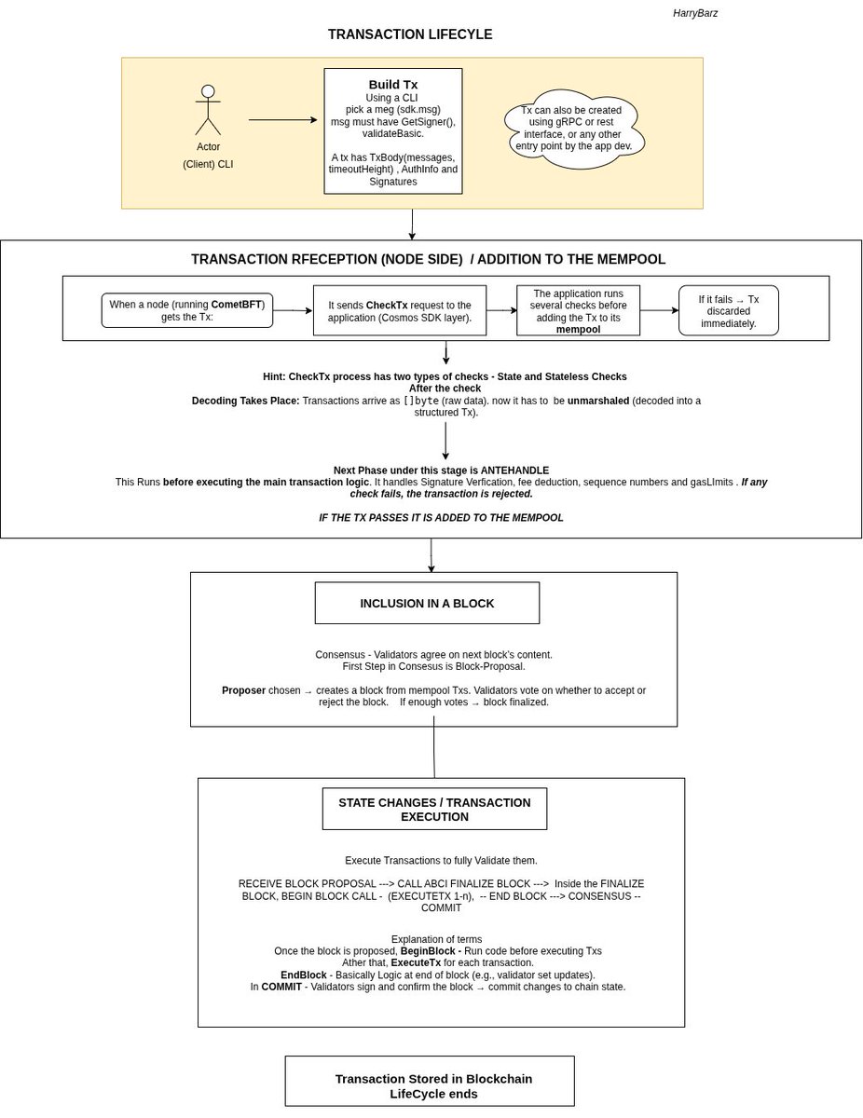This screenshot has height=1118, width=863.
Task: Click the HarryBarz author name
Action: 694,13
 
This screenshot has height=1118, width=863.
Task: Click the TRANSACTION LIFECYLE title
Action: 410,34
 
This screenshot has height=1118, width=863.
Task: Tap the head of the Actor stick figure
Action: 208,91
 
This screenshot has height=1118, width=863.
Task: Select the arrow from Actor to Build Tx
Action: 282,120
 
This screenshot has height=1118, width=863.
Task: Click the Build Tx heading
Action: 392,85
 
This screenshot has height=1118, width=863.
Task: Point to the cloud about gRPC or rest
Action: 574,129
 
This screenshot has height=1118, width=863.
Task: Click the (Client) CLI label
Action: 208,164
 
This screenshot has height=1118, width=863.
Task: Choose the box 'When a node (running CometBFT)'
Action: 186,310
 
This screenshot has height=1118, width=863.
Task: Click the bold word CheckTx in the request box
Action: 386,305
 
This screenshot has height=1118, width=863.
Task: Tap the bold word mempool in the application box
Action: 578,329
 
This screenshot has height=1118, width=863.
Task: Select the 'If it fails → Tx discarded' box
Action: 728,311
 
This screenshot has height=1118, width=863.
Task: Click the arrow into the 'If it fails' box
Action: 659,310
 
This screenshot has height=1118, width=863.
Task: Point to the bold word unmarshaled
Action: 598,401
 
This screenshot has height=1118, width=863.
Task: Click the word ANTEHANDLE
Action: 514,470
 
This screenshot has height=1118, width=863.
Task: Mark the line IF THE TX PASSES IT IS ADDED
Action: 441,518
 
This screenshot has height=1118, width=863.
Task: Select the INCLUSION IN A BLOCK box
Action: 427,603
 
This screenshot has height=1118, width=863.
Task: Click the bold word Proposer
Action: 243,690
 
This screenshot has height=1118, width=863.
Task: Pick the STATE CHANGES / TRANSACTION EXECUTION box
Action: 434,809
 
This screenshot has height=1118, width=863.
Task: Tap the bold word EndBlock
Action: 303,975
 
